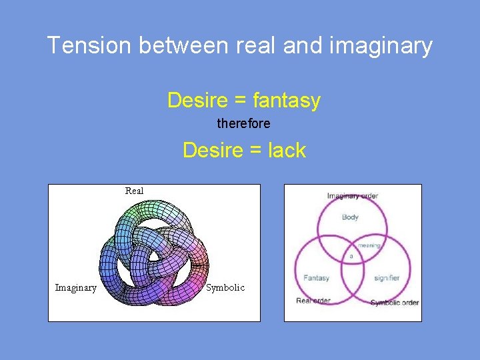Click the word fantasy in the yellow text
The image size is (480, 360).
(286, 101)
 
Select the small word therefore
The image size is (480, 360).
(243, 124)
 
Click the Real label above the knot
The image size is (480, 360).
(134, 191)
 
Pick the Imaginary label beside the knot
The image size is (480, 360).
(75, 288)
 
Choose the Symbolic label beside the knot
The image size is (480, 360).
(225, 288)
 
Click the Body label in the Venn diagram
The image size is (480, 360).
(350, 217)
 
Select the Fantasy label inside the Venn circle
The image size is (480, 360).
(316, 277)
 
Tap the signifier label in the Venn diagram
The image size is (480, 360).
(387, 277)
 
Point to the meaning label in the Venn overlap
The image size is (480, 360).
(369, 245)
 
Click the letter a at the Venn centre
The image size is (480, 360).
(351, 256)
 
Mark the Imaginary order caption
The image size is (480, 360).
(352, 196)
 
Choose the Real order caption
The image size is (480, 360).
(313, 301)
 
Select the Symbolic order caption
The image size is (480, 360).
(394, 303)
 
